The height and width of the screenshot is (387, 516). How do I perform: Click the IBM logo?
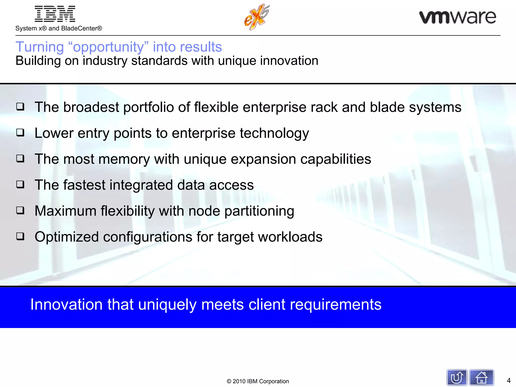pos(55,14)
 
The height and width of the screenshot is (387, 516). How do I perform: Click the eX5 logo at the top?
pos(257,17)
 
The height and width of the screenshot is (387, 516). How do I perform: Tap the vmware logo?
pos(457,17)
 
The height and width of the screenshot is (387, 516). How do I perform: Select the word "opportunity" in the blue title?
pos(108,47)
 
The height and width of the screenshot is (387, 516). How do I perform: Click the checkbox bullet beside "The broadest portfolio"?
pos(20,107)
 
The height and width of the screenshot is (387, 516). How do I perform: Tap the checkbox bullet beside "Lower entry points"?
pos(20,133)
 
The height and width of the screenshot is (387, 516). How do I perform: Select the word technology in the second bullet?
pos(274,133)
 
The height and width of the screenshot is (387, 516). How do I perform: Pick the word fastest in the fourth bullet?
pos(84,185)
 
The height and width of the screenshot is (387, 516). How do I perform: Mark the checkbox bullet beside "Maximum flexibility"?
pos(20,210)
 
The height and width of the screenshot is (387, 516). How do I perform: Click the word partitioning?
pos(259,211)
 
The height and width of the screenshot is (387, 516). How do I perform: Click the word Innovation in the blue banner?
pos(66,304)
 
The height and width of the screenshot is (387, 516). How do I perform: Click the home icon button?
pos(481,377)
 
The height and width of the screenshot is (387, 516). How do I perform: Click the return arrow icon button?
pos(457,377)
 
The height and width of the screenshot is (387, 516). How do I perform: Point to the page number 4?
pos(508,380)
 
